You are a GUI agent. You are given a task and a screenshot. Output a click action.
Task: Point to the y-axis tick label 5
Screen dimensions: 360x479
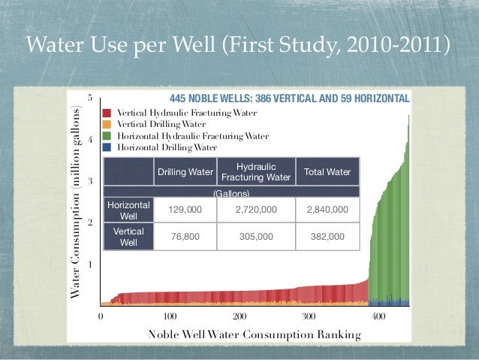coord(90,98)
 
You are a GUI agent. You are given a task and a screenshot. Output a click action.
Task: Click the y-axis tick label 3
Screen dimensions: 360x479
coord(90,182)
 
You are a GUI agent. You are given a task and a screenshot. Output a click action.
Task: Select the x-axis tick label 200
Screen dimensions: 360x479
coord(239,316)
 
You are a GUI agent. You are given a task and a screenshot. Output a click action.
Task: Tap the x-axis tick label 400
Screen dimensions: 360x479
coord(378,316)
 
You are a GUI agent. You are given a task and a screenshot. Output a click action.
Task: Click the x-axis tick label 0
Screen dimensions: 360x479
coord(101,316)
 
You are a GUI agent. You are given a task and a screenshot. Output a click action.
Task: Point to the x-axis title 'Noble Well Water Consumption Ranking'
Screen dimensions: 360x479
coord(255,334)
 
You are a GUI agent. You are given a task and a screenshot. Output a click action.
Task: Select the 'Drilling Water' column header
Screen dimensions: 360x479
coord(185,172)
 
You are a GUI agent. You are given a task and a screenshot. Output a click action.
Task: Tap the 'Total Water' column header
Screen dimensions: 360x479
coord(327,172)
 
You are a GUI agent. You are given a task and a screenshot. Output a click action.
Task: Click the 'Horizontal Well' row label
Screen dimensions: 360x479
coord(128,210)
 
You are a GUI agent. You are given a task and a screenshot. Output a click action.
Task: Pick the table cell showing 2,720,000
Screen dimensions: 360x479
coord(257,210)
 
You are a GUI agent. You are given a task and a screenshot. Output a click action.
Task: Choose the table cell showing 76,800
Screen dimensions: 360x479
coord(185,236)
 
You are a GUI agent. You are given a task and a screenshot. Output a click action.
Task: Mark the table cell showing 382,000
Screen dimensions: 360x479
coord(327,236)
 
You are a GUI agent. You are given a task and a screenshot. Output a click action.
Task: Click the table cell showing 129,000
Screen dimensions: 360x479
coord(185,210)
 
